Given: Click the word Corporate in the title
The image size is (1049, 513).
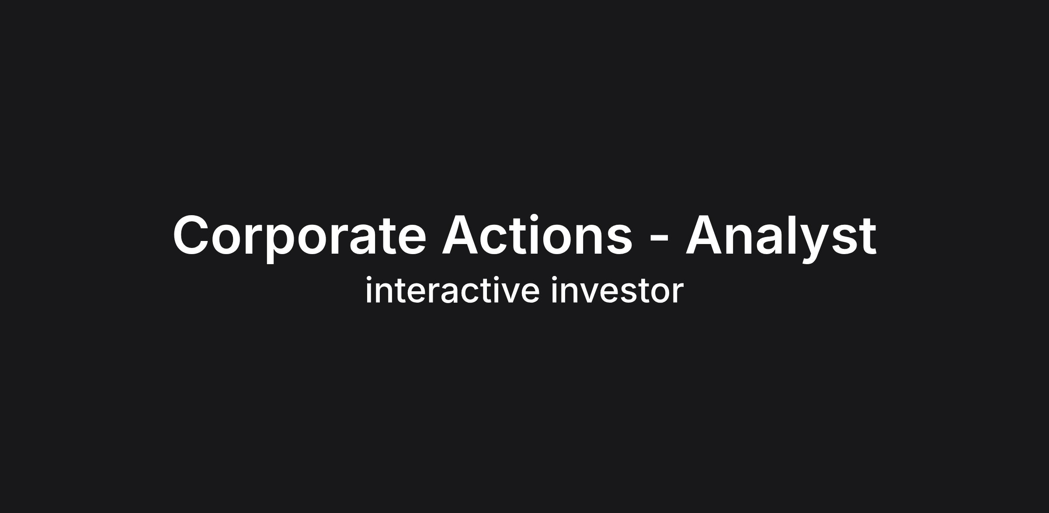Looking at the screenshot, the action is tap(299, 237).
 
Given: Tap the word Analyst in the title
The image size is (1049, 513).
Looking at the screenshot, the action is tap(781, 237).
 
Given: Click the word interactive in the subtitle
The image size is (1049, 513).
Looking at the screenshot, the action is tap(452, 290).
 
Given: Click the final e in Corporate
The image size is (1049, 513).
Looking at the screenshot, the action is tap(411, 240).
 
